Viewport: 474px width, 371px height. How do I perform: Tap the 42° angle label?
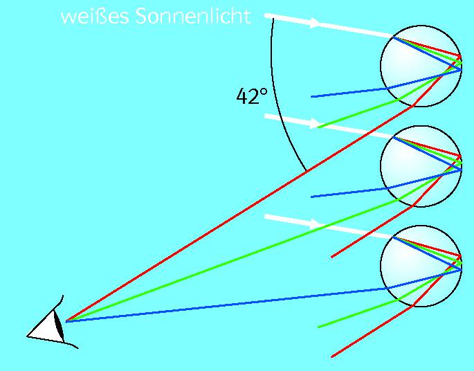(251, 97)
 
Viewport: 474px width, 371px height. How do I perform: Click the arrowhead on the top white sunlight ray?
(315, 24)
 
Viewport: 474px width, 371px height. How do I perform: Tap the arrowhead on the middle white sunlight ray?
(315, 125)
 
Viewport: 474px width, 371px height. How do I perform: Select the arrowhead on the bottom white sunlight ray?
(315, 224)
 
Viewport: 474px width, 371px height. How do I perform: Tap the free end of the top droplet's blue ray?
(312, 97)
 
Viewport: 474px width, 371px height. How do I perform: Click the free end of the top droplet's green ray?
(318, 127)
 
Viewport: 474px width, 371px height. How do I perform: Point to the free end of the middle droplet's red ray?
(331, 257)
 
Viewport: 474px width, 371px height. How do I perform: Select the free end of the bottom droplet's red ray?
(331, 356)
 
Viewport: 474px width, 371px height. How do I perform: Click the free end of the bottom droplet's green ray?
(318, 327)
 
